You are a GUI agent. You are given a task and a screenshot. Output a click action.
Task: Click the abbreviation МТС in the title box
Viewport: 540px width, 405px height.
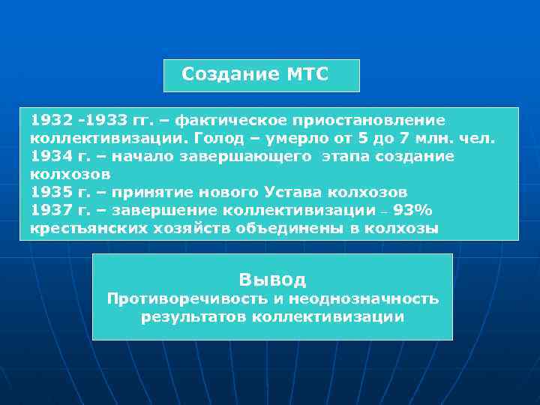pos(307,74)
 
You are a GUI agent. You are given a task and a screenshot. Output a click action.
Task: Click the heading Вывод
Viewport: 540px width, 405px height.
pos(272,280)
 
